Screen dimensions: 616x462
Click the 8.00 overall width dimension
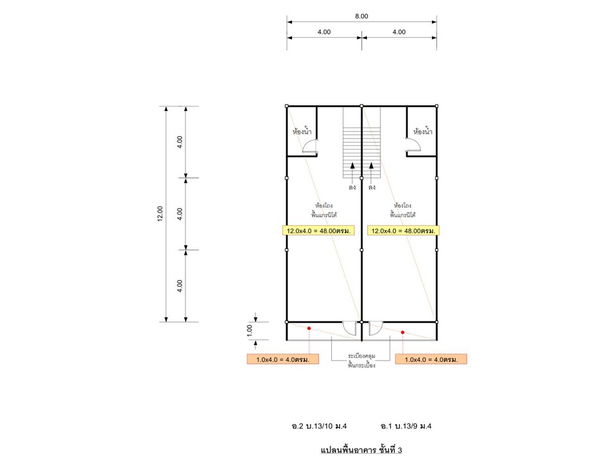361,16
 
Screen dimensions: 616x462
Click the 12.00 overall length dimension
160,214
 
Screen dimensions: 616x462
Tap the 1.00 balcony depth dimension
250,331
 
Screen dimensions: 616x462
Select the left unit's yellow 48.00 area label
319,230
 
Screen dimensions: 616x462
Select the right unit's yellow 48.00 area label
404,230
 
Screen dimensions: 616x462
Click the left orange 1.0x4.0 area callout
283,359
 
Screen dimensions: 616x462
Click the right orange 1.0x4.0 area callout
431,359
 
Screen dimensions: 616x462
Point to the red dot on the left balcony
309,329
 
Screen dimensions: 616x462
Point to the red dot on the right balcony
403,332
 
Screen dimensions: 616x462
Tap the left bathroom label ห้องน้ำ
302,131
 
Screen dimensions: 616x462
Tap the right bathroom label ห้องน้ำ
423,131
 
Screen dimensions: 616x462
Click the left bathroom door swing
309,146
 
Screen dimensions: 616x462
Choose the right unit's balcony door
375,329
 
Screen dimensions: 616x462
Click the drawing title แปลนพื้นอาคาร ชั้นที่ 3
361,450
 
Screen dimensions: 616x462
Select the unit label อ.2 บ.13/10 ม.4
320,426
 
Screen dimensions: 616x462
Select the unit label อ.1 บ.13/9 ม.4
406,426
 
